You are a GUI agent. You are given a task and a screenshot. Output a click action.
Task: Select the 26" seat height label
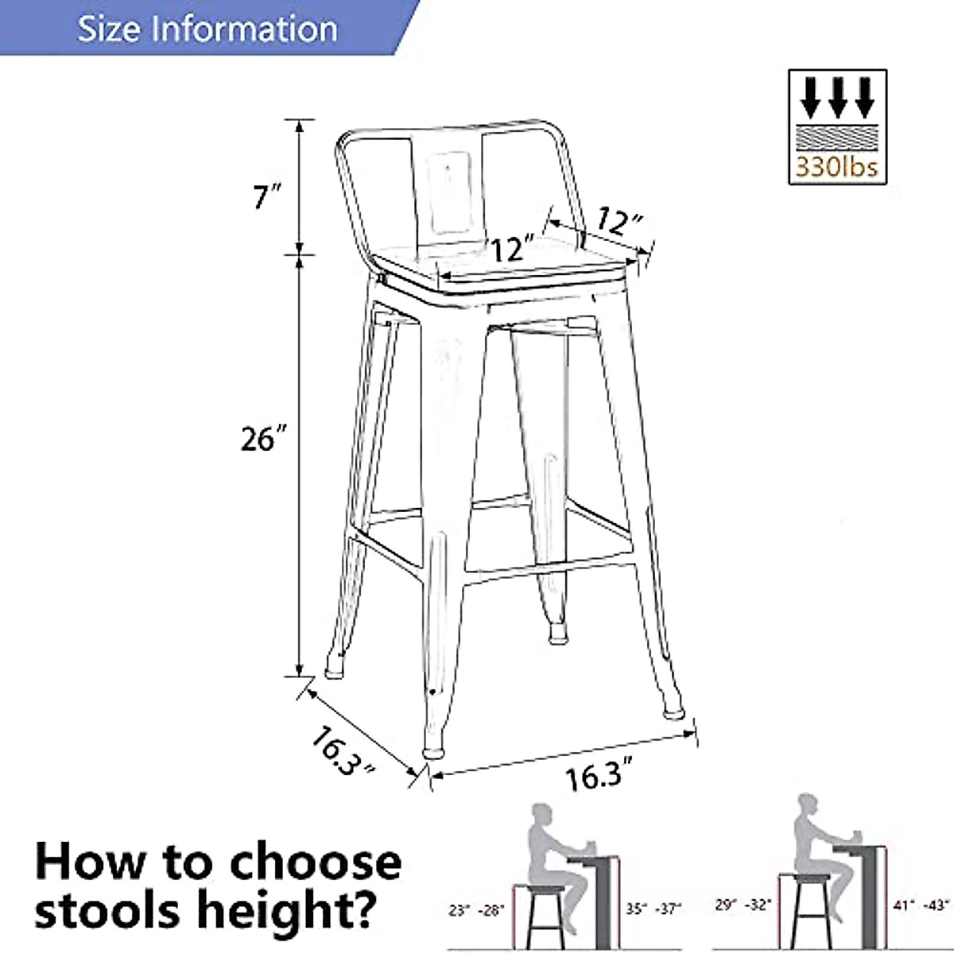[x=263, y=438]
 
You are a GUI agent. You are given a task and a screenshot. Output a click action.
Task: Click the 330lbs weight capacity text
[x=837, y=168]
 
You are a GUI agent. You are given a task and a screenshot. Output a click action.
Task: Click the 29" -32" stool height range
[x=743, y=905]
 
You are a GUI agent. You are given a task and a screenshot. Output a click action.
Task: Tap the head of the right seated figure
[x=808, y=803]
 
